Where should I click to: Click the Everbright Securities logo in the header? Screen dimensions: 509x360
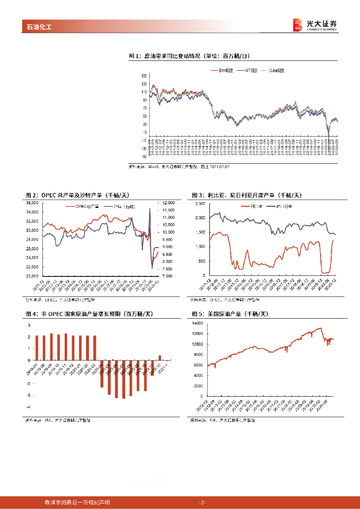(x=315, y=25)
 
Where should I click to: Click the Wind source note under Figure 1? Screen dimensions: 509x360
(x=179, y=167)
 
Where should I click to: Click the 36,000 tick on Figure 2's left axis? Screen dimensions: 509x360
(x=32, y=203)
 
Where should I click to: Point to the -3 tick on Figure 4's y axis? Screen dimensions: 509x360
(x=29, y=395)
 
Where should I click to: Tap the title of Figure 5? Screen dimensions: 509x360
(x=230, y=314)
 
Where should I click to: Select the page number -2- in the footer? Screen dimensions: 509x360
(x=202, y=503)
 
